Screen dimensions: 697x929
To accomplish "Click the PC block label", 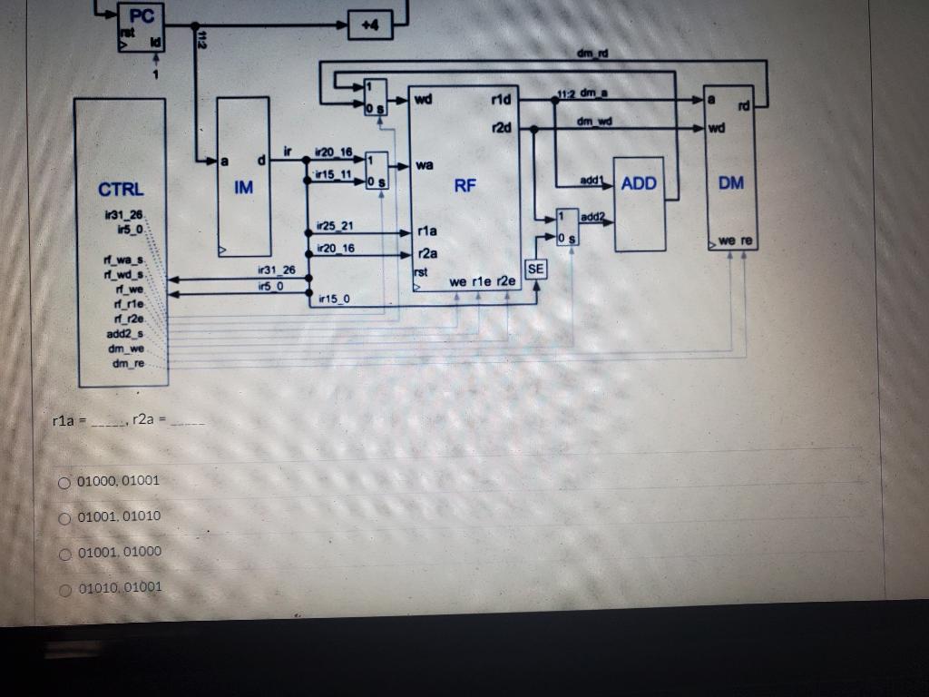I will click(x=142, y=15).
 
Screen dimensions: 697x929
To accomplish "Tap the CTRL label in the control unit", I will click(x=121, y=189).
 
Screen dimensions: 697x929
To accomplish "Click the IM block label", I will click(x=243, y=188).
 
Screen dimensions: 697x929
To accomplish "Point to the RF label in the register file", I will click(x=464, y=186).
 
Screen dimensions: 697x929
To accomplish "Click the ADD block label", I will click(x=639, y=183).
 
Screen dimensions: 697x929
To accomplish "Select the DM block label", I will click(x=730, y=182).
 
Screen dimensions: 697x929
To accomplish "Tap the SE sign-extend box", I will click(x=535, y=269).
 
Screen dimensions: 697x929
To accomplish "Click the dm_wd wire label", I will click(x=596, y=120).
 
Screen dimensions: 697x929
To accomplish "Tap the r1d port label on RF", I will click(x=500, y=99).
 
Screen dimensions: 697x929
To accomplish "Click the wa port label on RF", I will click(x=425, y=166).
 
